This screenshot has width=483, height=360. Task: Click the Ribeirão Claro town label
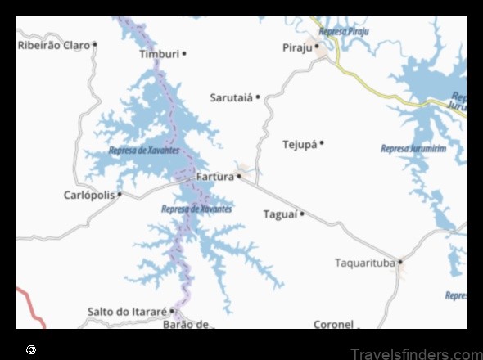click(x=53, y=45)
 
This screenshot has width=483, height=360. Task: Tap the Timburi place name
click(x=159, y=54)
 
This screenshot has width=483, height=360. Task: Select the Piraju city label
click(x=298, y=47)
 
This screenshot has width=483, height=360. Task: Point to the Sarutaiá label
click(x=232, y=97)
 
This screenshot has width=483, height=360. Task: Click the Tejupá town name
click(x=300, y=144)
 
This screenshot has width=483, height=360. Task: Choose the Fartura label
click(x=215, y=176)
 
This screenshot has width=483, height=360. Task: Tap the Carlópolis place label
click(x=89, y=195)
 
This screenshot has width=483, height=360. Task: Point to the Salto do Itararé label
click(x=127, y=312)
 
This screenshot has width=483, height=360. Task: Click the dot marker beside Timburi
click(x=184, y=54)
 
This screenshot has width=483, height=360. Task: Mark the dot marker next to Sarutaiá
click(x=258, y=97)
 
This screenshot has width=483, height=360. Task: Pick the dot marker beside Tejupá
click(x=322, y=143)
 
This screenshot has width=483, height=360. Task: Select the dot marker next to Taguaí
click(x=302, y=214)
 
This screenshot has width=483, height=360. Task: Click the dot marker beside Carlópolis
click(x=120, y=195)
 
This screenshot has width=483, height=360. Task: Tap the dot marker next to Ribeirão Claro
click(x=95, y=45)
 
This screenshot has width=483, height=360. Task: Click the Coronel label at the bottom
click(x=333, y=324)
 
